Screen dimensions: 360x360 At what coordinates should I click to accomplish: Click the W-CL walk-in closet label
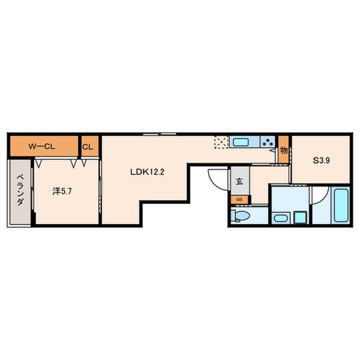pyautogui.click(x=42, y=147)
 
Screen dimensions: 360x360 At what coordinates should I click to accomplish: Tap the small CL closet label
pyautogui.click(x=88, y=147)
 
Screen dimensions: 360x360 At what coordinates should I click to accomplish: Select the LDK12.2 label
pyautogui.click(x=147, y=172)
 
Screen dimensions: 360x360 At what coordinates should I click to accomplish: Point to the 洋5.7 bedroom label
pyautogui.click(x=62, y=191)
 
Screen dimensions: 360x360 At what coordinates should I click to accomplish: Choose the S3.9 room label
pyautogui.click(x=321, y=160)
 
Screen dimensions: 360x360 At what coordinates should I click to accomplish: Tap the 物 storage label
pyautogui.click(x=284, y=151)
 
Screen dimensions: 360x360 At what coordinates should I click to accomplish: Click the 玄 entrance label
pyautogui.click(x=240, y=182)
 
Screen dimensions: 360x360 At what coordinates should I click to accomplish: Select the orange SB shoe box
pyautogui.click(x=240, y=200)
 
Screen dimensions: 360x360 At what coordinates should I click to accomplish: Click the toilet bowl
pyautogui.click(x=240, y=216)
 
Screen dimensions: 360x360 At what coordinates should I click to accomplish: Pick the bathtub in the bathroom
pyautogui.click(x=341, y=205)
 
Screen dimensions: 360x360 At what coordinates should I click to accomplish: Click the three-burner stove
pyautogui.click(x=268, y=141)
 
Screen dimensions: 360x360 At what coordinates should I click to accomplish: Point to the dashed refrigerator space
pyautogui.click(x=221, y=142)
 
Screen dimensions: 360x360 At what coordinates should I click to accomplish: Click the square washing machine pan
pyautogui.click(x=300, y=218)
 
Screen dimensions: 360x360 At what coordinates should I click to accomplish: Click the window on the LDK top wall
pyautogui.click(x=159, y=134)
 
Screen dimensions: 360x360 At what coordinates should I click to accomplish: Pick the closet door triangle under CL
pyautogui.click(x=84, y=163)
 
